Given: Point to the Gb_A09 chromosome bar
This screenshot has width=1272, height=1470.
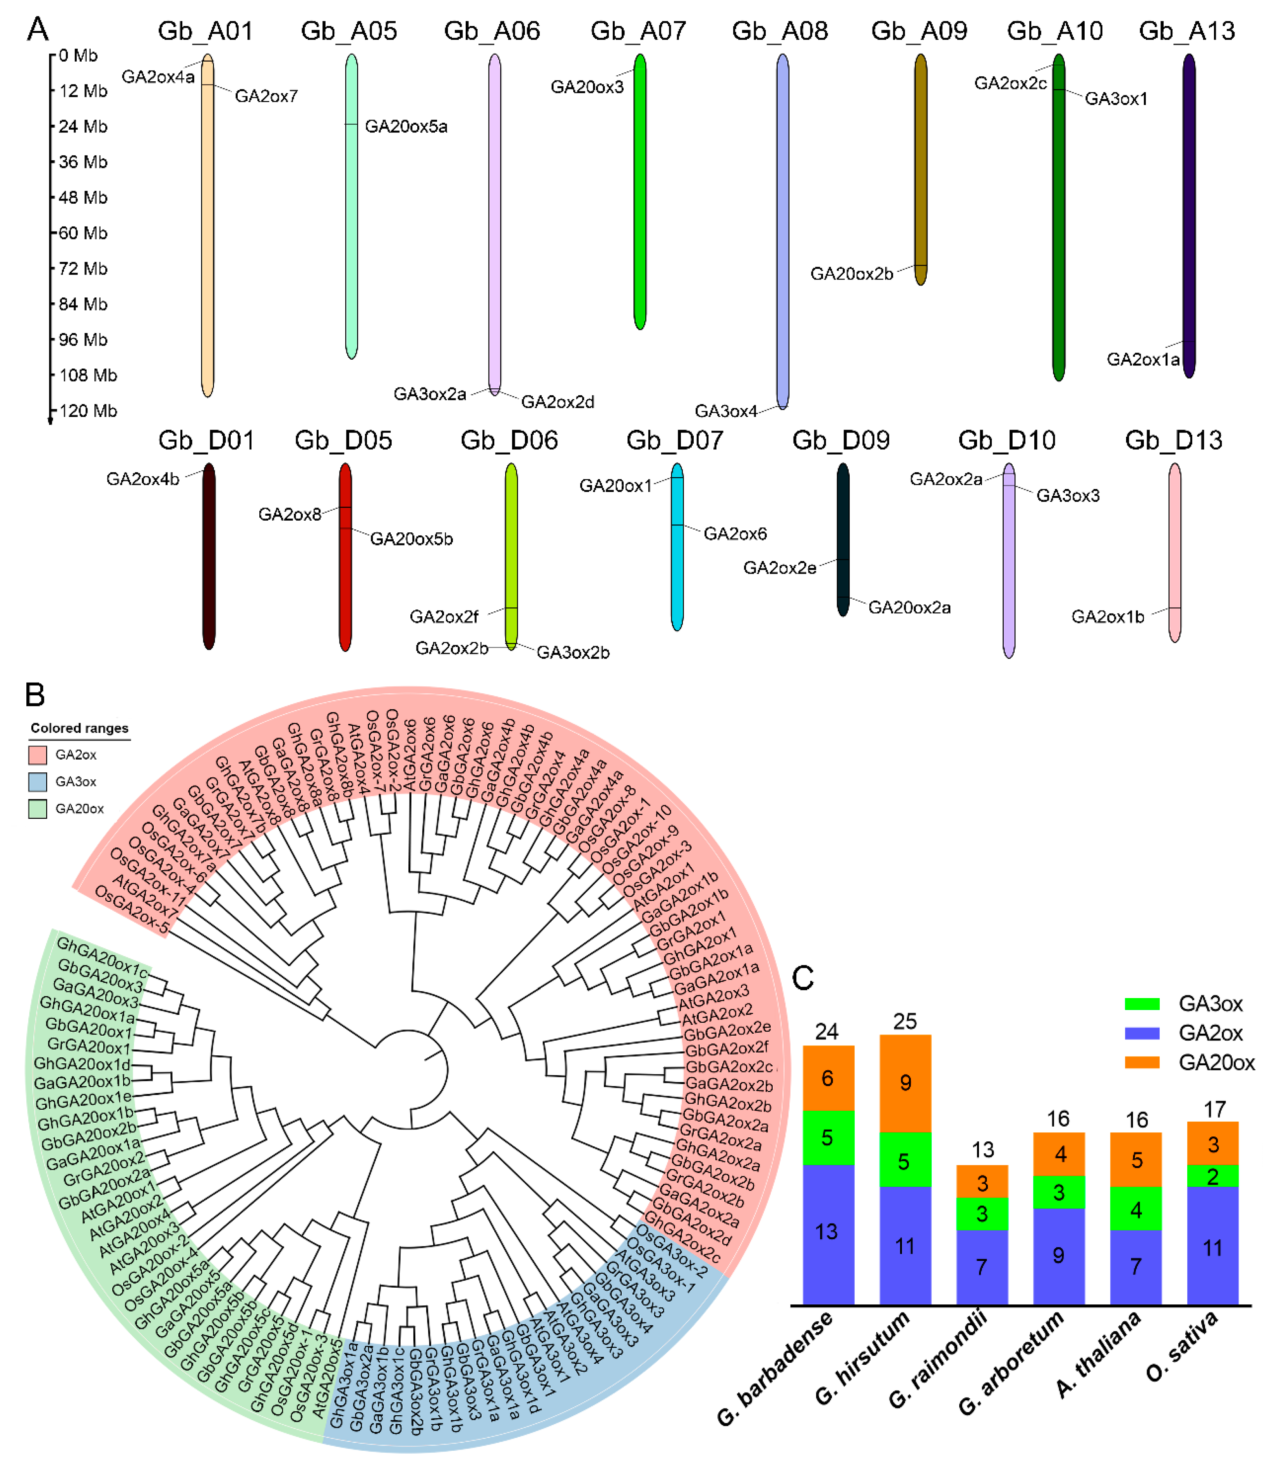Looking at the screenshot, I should (x=921, y=170).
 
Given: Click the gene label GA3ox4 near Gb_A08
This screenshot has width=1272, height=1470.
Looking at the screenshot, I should (x=725, y=412).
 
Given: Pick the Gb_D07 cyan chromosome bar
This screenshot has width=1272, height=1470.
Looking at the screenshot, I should (x=677, y=547).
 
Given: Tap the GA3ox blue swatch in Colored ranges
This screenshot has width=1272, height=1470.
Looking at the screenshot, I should (x=38, y=782).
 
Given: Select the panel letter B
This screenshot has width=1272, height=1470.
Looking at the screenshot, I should (x=35, y=695).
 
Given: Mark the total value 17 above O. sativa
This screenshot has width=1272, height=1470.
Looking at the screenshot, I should (x=1214, y=1110).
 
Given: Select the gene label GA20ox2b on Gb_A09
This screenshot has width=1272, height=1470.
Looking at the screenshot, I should (x=852, y=274).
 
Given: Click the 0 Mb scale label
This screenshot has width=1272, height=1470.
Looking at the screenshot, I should (x=78, y=55).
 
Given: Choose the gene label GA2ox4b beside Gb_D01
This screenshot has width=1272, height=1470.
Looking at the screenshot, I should (x=143, y=479).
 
